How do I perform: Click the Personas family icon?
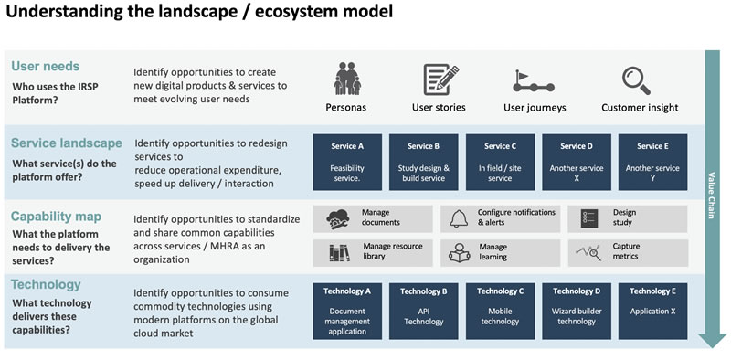[x=345, y=79]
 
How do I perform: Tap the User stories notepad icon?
[x=440, y=79]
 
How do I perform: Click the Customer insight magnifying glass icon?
[x=637, y=80]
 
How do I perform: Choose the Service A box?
[x=347, y=162]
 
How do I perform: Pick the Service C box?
[x=500, y=162]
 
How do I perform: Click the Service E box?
[x=652, y=162]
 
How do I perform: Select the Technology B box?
[x=423, y=311]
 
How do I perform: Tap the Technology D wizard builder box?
[x=577, y=311]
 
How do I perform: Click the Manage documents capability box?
[x=372, y=218]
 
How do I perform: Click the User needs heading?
[x=46, y=66]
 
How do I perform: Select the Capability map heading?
[x=56, y=217]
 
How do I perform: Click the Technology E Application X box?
[x=652, y=311]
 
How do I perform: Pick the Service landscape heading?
[x=66, y=143]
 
